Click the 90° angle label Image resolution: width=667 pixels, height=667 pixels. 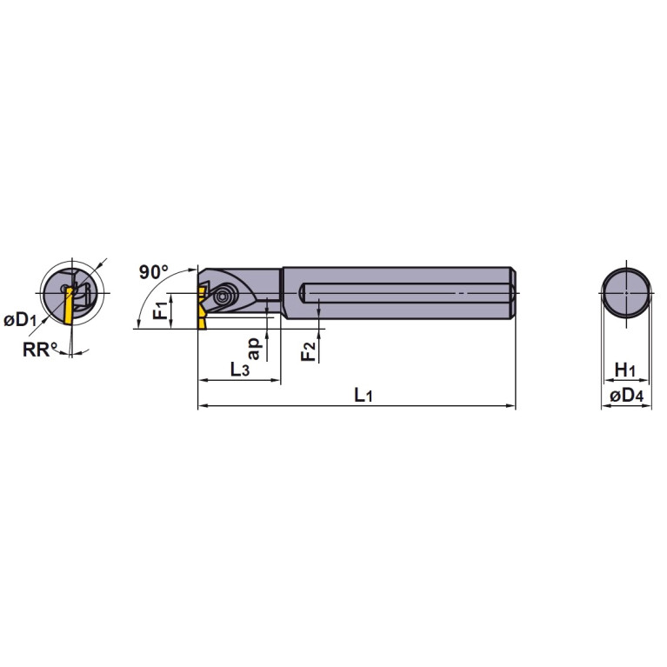tap(154, 272)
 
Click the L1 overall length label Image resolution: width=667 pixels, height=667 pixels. tap(364, 396)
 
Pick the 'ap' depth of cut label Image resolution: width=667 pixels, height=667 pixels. tap(253, 347)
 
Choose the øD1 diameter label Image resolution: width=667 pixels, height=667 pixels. tap(19, 321)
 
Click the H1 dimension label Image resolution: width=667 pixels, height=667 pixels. tap(625, 370)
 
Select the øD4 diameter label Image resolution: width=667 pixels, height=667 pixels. tap(625, 397)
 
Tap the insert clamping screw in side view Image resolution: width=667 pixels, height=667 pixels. tap(226, 295)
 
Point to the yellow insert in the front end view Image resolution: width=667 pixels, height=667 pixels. tap(66, 308)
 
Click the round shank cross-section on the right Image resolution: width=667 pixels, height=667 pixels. tap(626, 293)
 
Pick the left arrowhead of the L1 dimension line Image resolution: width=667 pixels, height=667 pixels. tap(202, 406)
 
